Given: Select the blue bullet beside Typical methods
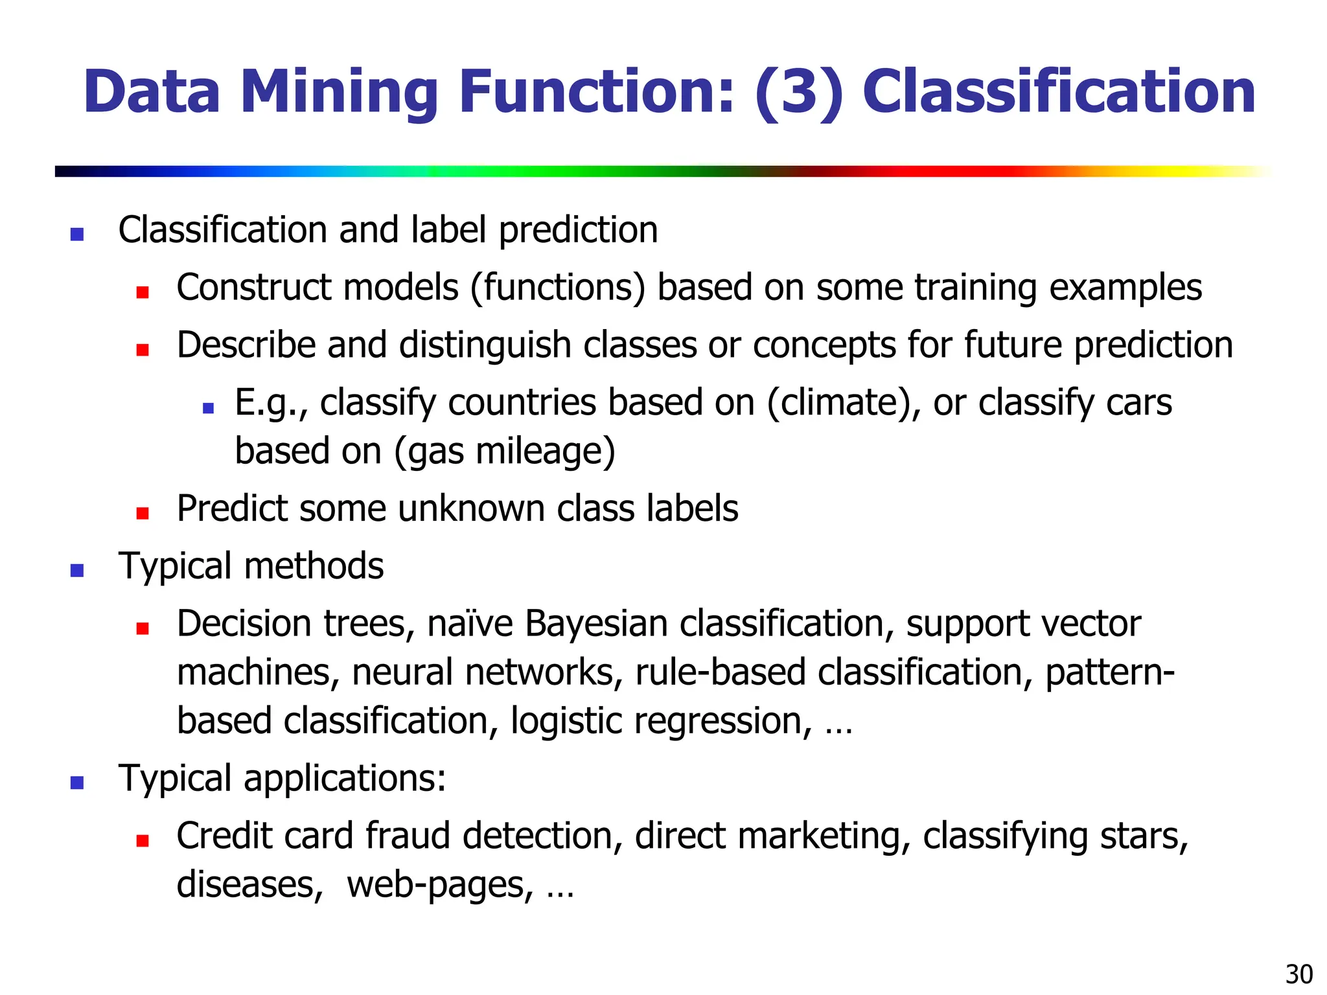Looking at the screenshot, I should click(x=77, y=571).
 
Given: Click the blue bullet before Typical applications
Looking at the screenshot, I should click(x=77, y=783).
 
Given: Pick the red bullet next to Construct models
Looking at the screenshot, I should click(x=143, y=292).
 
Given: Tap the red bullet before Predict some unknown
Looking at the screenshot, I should click(x=143, y=513).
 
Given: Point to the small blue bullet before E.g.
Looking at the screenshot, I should click(x=208, y=407).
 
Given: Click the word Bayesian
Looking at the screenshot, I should click(x=596, y=624).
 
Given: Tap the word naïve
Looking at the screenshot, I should click(x=470, y=624).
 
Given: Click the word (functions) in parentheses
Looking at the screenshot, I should click(x=558, y=288).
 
